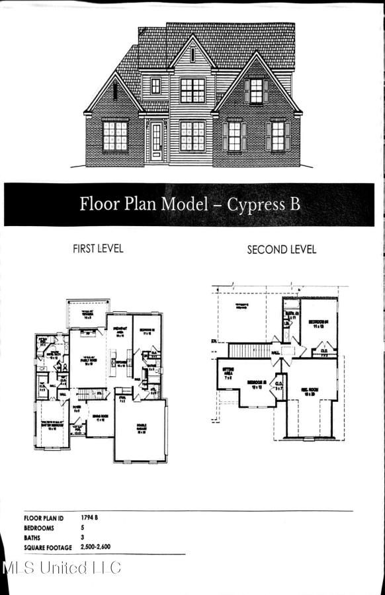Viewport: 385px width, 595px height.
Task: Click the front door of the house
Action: tap(157, 141)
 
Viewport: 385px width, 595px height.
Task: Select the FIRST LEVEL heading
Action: tap(98, 249)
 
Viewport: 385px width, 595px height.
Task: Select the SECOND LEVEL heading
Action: tap(281, 250)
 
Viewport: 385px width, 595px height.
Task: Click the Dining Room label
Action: tap(100, 419)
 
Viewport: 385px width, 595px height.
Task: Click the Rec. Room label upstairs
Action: tap(310, 391)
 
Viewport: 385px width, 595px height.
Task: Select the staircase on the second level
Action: tap(250, 350)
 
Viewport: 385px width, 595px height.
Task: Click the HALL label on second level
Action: tap(275, 354)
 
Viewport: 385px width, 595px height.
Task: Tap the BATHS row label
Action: tap(34, 538)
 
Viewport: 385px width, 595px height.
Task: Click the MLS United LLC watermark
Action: tap(62, 567)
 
